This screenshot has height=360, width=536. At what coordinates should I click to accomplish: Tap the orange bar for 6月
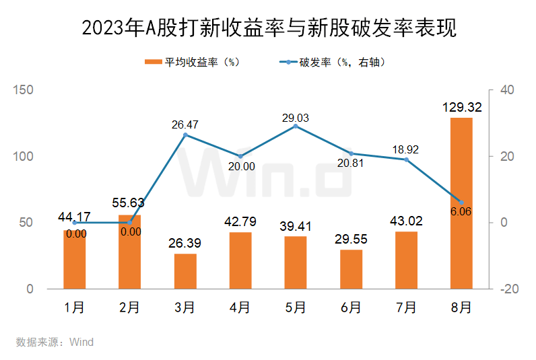(351, 269)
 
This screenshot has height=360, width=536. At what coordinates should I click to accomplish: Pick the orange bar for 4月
(240, 260)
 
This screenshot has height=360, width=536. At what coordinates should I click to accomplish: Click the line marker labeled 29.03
(296, 126)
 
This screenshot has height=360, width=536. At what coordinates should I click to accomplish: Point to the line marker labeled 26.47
(185, 135)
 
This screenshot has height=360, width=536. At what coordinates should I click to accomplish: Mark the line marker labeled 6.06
(461, 202)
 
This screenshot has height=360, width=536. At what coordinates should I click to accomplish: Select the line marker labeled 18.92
(406, 159)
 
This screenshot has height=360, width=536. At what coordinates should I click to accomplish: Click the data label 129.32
(461, 107)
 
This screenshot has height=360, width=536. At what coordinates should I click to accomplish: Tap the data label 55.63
(129, 203)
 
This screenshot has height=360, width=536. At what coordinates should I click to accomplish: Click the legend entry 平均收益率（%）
(192, 63)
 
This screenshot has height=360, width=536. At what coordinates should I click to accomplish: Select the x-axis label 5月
(296, 308)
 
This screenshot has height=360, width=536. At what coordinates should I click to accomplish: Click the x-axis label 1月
(75, 308)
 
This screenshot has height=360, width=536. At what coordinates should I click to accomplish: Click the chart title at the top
(268, 28)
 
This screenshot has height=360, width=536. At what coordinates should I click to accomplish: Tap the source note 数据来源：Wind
(55, 342)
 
